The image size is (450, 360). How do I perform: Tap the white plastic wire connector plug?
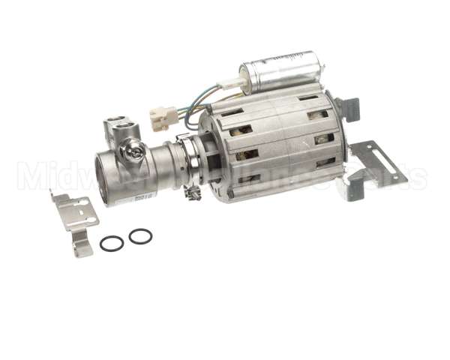tap(163, 118)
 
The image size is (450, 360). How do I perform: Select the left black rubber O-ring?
tap(112, 244)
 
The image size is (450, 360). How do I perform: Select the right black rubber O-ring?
tap(140, 236)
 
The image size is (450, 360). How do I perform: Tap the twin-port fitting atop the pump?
tap(121, 128)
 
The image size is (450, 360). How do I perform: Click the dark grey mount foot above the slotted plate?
tap(354, 109)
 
